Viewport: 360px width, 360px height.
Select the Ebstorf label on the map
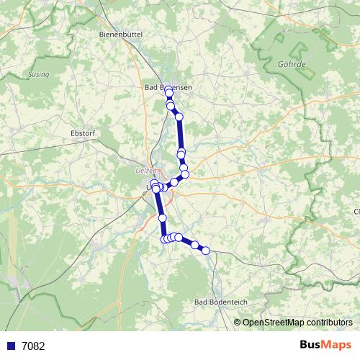pyautogui.click(x=84, y=133)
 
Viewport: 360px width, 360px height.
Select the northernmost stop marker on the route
pyautogui.click(x=169, y=93)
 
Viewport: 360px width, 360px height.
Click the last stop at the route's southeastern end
pyautogui.click(x=206, y=251)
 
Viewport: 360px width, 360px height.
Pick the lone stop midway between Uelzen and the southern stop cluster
pyautogui.click(x=162, y=217)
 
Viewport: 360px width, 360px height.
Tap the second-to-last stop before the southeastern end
pyautogui.click(x=194, y=245)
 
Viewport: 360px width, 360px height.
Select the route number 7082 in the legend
pyautogui.click(x=32, y=346)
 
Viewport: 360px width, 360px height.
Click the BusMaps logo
pyautogui.click(x=322, y=345)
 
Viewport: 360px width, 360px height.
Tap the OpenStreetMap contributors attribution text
pyautogui.click(x=297, y=323)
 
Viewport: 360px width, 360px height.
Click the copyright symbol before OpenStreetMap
pyautogui.click(x=238, y=323)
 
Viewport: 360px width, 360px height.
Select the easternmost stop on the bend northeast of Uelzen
pyautogui.click(x=185, y=174)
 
